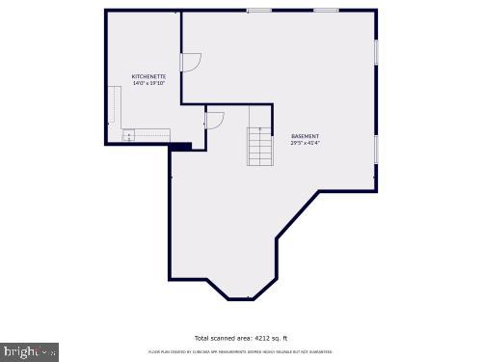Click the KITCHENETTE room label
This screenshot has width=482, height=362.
pyautogui.click(x=148, y=76)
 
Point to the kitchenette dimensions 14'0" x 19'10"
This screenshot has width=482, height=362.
pyautogui.click(x=148, y=83)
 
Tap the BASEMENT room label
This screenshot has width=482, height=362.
pyautogui.click(x=305, y=136)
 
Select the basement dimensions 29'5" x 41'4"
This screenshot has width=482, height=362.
pyautogui.click(x=305, y=143)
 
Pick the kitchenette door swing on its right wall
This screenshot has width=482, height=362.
pyautogui.click(x=189, y=61)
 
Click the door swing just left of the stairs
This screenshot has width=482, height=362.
pyautogui.click(x=214, y=122)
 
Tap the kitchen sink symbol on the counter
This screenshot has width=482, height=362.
pyautogui.click(x=128, y=134)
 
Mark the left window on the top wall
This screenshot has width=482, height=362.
pyautogui.click(x=258, y=11)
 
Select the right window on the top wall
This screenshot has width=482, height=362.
pyautogui.click(x=326, y=11)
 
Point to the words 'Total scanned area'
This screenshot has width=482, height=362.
pyautogui.click(x=216, y=338)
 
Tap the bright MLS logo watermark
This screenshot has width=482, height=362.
pyautogui.click(x=29, y=351)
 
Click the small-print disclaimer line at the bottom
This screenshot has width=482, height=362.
pyautogui.click(x=241, y=352)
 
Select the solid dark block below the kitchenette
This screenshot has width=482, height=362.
pyautogui.click(x=180, y=147)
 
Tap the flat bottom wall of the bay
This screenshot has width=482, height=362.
pyautogui.click(x=241, y=298)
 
